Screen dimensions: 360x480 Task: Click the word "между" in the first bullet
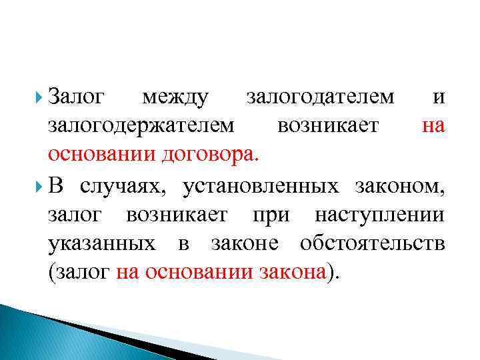click(175, 98)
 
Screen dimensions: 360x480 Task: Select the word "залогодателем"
click(320, 98)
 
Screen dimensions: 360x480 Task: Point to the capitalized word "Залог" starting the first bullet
click(77, 98)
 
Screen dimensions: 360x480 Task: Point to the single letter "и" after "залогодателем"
click(437, 98)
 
